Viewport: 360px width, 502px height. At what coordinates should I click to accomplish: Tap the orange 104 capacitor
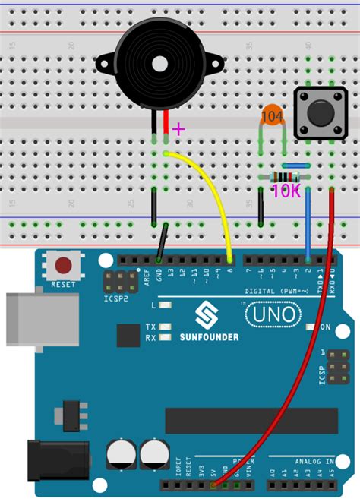click(x=273, y=116)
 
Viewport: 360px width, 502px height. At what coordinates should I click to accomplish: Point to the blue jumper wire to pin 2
click(x=308, y=220)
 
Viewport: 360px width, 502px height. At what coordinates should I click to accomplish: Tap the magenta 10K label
click(x=286, y=192)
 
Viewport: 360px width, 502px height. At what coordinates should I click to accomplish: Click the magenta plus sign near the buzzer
click(x=178, y=129)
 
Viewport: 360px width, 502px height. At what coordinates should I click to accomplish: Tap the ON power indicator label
click(x=325, y=327)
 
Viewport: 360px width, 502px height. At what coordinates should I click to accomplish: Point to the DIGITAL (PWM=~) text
click(x=277, y=291)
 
